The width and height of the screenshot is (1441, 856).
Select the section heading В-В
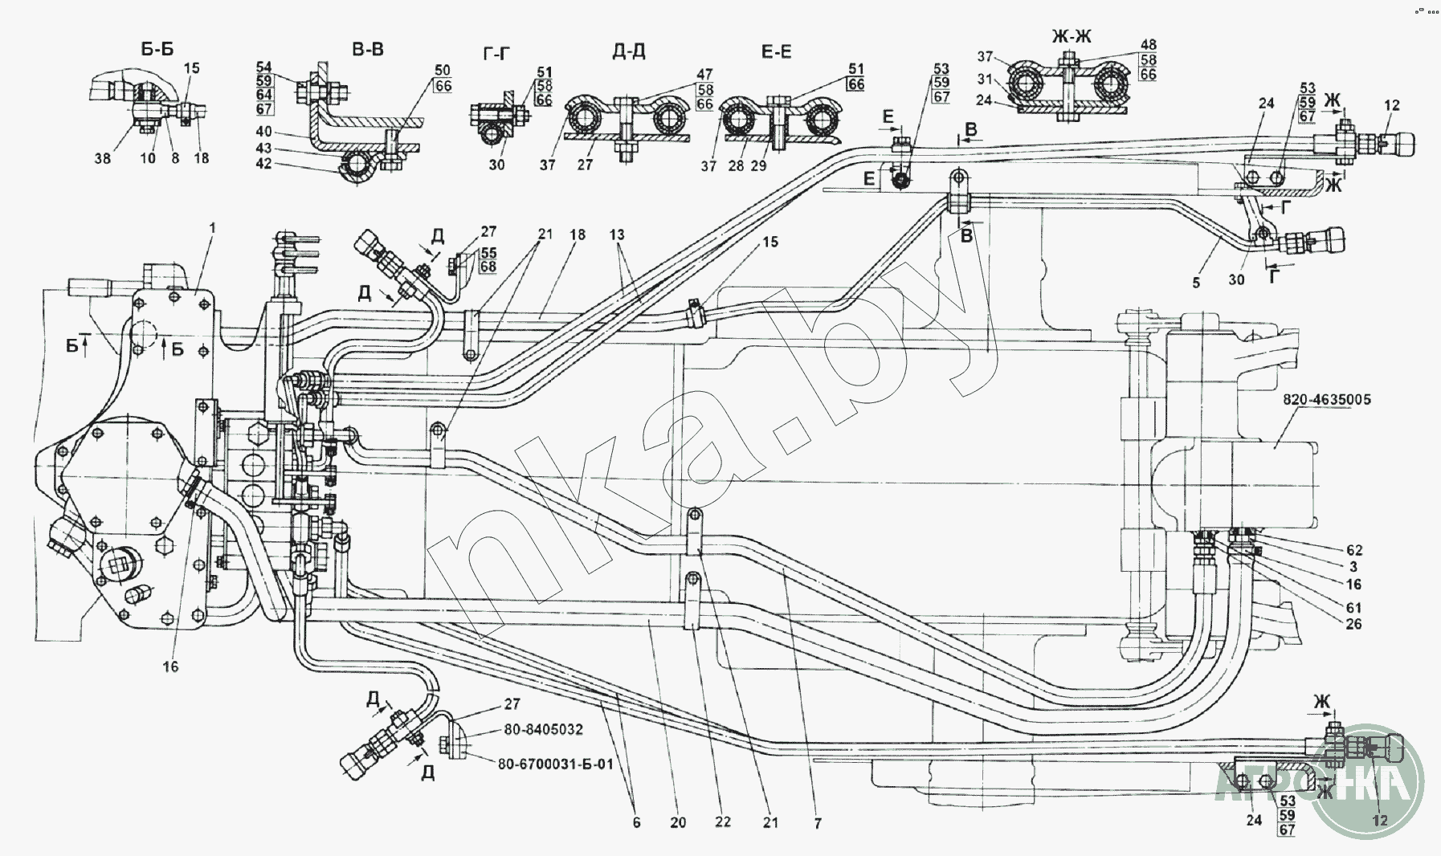(x=368, y=50)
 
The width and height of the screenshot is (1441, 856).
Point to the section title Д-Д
(x=629, y=52)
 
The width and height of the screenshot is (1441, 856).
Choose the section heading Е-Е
(x=776, y=52)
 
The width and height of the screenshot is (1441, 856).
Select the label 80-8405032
(x=543, y=730)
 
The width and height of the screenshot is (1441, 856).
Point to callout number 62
(x=1354, y=550)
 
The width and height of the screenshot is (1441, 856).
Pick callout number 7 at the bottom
(x=818, y=823)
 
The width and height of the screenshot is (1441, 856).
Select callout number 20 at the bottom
(x=678, y=823)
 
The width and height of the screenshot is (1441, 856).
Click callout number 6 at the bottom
(x=636, y=823)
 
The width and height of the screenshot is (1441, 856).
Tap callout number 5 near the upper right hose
(x=1197, y=283)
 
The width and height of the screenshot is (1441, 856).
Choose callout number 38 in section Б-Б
(x=103, y=158)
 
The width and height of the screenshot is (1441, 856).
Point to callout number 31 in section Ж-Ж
(x=985, y=79)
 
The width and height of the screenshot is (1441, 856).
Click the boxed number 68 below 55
(x=488, y=267)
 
